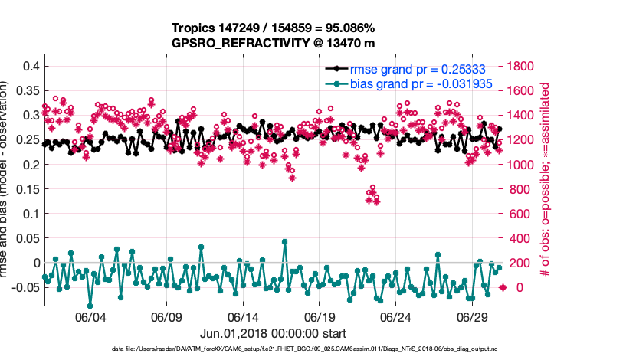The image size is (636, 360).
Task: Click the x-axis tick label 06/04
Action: coord(90,317)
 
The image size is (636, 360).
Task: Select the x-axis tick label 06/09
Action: coord(166,317)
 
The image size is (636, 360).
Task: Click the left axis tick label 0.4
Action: coord(29,66)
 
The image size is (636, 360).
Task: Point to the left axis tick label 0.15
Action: coord(26,188)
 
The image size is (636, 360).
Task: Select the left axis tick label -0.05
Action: coord(24,287)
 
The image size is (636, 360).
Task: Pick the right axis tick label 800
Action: coord(519,189)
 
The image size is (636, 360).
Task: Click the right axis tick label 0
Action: coord(511,287)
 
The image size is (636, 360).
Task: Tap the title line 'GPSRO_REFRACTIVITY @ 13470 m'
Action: coord(273,43)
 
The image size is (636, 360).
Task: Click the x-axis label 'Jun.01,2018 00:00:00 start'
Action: coord(273,333)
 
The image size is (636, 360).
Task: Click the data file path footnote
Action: coord(273,349)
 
